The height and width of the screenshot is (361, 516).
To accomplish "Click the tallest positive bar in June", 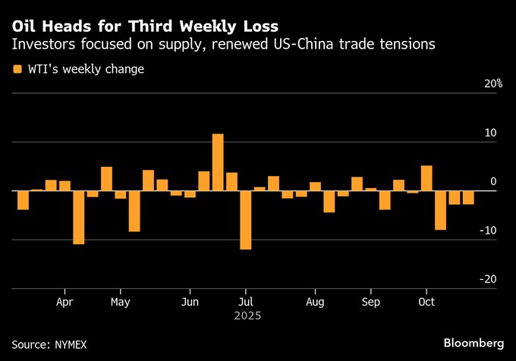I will (218, 162).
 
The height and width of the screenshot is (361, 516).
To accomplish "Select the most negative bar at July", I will (245, 220).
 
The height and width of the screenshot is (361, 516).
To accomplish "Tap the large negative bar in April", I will (78, 217).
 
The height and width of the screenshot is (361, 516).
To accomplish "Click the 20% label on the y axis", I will (494, 84).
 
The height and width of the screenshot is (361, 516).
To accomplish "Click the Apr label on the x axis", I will (64, 300).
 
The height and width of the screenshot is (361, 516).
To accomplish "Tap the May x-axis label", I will (121, 300).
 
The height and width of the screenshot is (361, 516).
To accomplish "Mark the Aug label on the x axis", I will (315, 300).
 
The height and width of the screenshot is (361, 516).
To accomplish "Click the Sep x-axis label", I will (371, 300).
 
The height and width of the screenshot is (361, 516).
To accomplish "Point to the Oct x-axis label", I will (426, 300).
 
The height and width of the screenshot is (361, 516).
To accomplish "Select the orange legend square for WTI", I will (17, 69).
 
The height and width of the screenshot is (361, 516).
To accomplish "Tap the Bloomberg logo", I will (474, 343).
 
